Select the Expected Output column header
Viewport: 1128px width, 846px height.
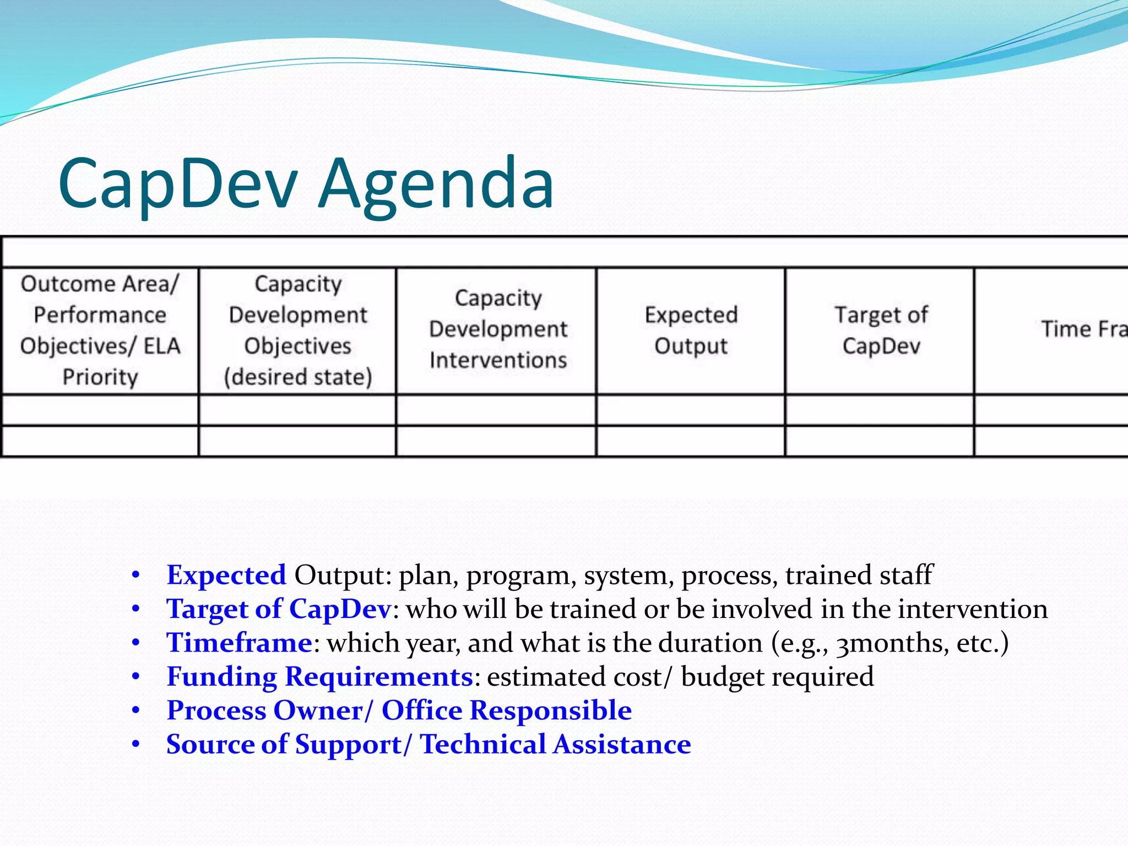pos(691,330)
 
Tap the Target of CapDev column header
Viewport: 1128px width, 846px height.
pos(881,330)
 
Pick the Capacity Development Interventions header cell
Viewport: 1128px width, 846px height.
pos(498,329)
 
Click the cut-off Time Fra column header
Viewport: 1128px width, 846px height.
pos(1083,329)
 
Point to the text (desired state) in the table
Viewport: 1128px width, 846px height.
pos(297,377)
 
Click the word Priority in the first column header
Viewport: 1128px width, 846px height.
pos(100,377)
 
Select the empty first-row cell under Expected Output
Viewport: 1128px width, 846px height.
pos(691,410)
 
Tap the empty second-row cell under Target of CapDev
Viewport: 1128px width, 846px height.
pos(880,441)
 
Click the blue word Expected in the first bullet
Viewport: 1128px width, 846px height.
pos(226,575)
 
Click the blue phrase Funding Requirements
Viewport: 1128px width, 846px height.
pos(319,676)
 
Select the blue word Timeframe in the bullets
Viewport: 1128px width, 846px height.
pos(240,643)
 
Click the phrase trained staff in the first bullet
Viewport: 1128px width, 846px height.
pos(859,575)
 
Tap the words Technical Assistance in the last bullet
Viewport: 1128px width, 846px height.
pos(555,744)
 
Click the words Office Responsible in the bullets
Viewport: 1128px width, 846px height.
pos(506,711)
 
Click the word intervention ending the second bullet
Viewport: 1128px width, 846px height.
pos(972,609)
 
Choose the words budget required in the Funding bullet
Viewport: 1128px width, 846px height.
pos(777,677)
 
